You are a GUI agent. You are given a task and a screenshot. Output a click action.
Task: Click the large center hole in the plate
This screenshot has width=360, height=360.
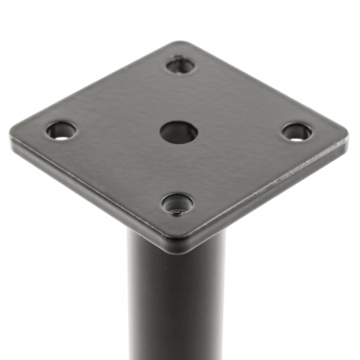[178, 132]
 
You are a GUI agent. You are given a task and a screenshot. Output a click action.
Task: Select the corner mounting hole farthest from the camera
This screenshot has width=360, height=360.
[181, 65]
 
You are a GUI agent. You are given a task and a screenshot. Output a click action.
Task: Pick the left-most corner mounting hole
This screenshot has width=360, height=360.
[61, 130]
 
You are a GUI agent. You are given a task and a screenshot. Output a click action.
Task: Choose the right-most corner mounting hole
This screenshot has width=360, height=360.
[297, 131]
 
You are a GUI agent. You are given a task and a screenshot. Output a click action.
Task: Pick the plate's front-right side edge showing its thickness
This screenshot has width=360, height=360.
[272, 196]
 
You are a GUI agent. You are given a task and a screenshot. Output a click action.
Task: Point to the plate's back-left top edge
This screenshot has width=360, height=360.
[96, 83]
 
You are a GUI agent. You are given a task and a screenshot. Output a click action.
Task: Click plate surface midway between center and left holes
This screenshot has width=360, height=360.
[120, 131]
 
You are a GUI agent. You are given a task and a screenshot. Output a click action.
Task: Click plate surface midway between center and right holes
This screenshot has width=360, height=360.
[238, 132]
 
